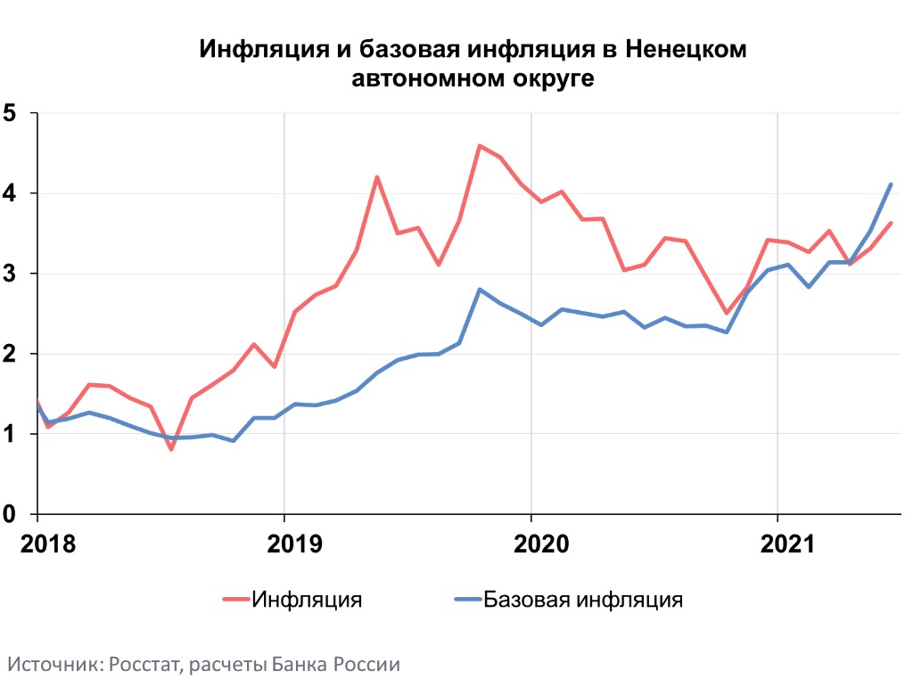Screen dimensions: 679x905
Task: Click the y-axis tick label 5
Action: coord(11,113)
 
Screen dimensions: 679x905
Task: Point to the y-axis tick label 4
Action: coord(11,193)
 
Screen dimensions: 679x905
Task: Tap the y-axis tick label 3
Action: coord(11,274)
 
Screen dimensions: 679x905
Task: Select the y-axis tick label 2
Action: coord(11,354)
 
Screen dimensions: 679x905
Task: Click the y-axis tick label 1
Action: coord(11,434)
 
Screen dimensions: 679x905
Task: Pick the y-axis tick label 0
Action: coord(11,514)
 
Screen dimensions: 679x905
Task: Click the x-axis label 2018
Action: coord(37,544)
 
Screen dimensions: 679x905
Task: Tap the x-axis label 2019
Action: coord(284,544)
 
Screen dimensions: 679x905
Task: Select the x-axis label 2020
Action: coord(531,544)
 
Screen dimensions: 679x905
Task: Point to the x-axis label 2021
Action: coord(777,544)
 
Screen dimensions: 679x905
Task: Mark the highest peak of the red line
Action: coord(480,145)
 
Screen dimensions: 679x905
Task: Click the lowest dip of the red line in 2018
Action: coord(170,449)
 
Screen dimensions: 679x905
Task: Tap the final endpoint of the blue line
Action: coord(891,184)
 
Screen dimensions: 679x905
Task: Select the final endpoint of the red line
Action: coord(891,223)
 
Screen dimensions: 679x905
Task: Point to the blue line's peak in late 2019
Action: coord(480,289)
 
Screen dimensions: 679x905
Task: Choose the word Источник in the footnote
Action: coord(53,664)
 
